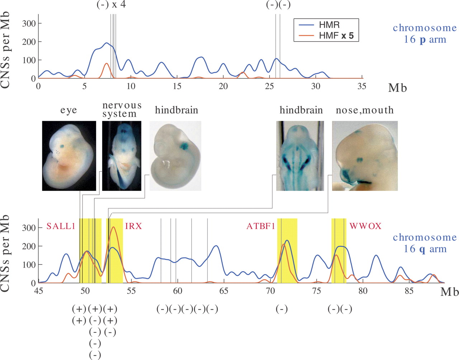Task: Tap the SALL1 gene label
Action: pos(61,226)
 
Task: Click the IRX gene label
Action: pos(133,226)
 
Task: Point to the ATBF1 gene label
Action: pos(261,226)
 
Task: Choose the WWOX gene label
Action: pos(365,226)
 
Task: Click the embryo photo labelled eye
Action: pos(69,155)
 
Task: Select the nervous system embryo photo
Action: pos(122,155)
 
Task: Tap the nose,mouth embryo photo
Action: pos(365,155)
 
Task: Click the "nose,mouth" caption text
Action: pos(365,110)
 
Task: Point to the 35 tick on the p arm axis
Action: pos(362,86)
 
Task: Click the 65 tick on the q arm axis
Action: pos(224,291)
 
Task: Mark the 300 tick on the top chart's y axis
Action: pos(29,24)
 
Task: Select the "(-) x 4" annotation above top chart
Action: pos(111,5)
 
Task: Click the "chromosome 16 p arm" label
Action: pos(425,33)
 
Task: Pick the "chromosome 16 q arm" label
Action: pos(425,243)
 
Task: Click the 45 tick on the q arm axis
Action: pos(38,291)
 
